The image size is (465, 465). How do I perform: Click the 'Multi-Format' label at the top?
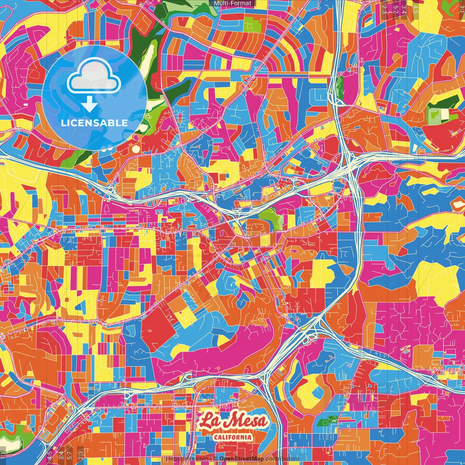(232, 3)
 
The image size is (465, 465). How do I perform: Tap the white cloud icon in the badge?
(94, 78)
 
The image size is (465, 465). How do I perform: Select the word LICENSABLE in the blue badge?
(94, 123)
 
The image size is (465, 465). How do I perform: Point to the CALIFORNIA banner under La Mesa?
(232, 437)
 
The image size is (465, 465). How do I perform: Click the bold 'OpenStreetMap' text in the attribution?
(241, 459)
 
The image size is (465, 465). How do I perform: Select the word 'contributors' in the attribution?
(282, 459)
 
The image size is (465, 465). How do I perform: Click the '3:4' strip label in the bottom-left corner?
(61, 454)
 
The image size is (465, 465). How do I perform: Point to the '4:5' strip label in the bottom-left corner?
(50, 454)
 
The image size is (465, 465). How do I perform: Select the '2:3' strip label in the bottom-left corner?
(81, 454)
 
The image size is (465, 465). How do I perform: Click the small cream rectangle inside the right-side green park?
(445, 114)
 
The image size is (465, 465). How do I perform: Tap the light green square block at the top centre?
(251, 24)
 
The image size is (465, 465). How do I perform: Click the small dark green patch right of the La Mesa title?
(324, 422)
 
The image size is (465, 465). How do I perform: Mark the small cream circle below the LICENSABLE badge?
(136, 149)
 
